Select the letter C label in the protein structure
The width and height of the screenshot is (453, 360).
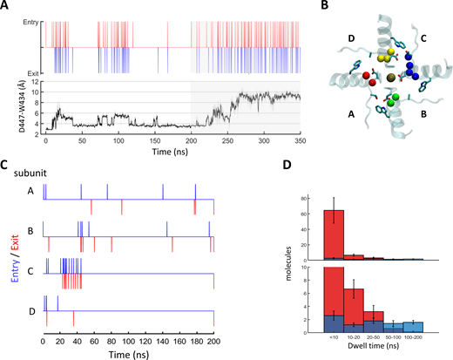423,38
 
